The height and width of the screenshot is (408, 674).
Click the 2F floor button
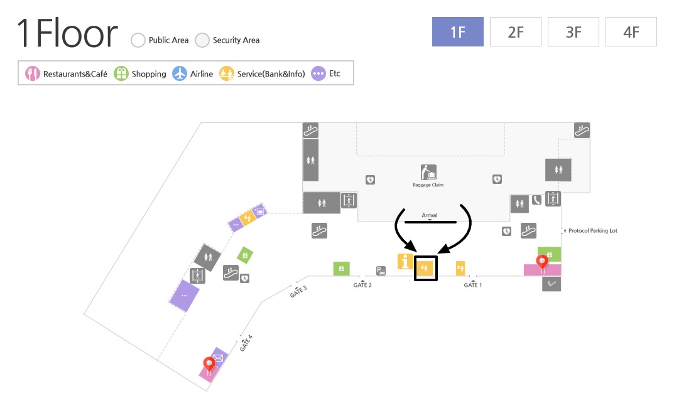point(515,32)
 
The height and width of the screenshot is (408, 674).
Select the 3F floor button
point(573,32)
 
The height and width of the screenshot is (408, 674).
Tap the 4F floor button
point(631,32)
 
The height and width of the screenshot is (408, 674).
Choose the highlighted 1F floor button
point(458,32)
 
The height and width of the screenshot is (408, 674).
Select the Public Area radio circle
point(138,40)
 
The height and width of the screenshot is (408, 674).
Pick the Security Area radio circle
point(202,40)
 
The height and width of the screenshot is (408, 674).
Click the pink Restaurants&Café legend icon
point(32,74)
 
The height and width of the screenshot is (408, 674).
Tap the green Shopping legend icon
point(121,74)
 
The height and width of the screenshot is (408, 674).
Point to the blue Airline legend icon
point(180,74)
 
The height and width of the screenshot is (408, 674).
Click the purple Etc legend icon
point(318,74)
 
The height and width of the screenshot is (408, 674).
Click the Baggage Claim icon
point(428,173)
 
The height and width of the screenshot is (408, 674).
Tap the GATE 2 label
point(362,285)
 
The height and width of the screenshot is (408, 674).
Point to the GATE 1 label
point(473,285)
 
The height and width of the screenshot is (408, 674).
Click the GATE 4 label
point(246,343)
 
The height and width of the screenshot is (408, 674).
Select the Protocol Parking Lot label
point(593,230)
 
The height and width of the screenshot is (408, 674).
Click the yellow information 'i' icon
point(405,261)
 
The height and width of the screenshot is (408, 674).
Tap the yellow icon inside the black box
point(425,268)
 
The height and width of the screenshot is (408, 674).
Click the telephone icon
point(536,200)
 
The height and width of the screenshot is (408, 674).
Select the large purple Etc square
point(185,296)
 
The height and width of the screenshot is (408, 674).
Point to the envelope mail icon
point(219,357)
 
